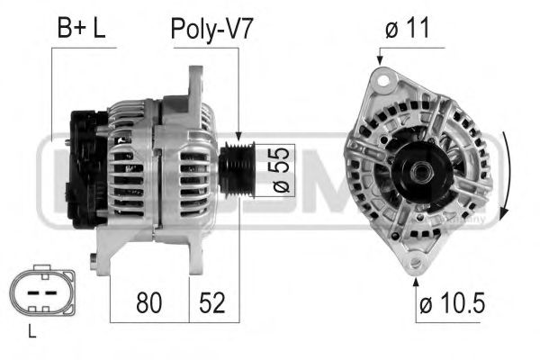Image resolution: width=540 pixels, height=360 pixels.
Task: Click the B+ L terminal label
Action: (x=81, y=28)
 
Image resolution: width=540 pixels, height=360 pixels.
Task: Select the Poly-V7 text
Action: (x=212, y=28)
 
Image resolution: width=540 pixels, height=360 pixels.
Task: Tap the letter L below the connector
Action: (x=31, y=332)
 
